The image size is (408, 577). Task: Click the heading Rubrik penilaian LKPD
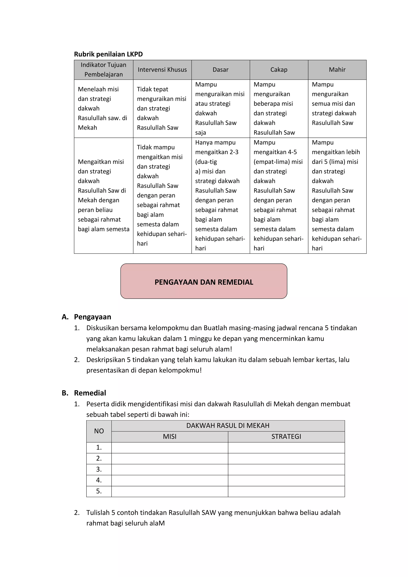coord(108,54)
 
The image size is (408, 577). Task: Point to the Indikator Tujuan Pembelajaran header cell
coord(104,70)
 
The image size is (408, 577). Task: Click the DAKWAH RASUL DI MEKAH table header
coord(228,426)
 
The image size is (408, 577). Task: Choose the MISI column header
coord(170,436)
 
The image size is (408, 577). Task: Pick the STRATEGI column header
coord(286,436)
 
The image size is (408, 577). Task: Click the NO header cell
coord(99,431)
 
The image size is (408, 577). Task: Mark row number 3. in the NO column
coord(99,469)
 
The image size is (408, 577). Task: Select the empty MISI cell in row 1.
coord(170,448)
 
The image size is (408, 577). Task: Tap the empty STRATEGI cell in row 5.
coord(286,491)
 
